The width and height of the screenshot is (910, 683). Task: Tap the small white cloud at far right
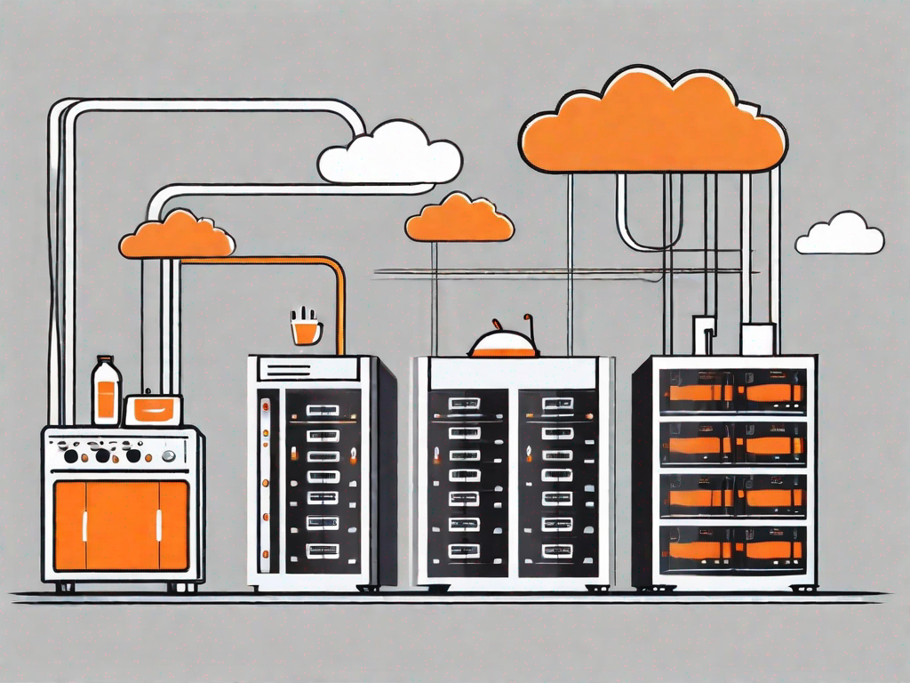(839, 236)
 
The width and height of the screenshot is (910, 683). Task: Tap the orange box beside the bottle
(153, 410)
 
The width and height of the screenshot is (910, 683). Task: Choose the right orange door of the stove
(159, 526)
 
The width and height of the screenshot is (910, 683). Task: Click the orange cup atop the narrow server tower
(306, 330)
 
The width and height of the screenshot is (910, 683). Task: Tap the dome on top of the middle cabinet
(504, 343)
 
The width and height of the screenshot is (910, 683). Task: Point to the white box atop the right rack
(757, 339)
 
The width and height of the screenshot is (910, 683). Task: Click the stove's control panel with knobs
(121, 454)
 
